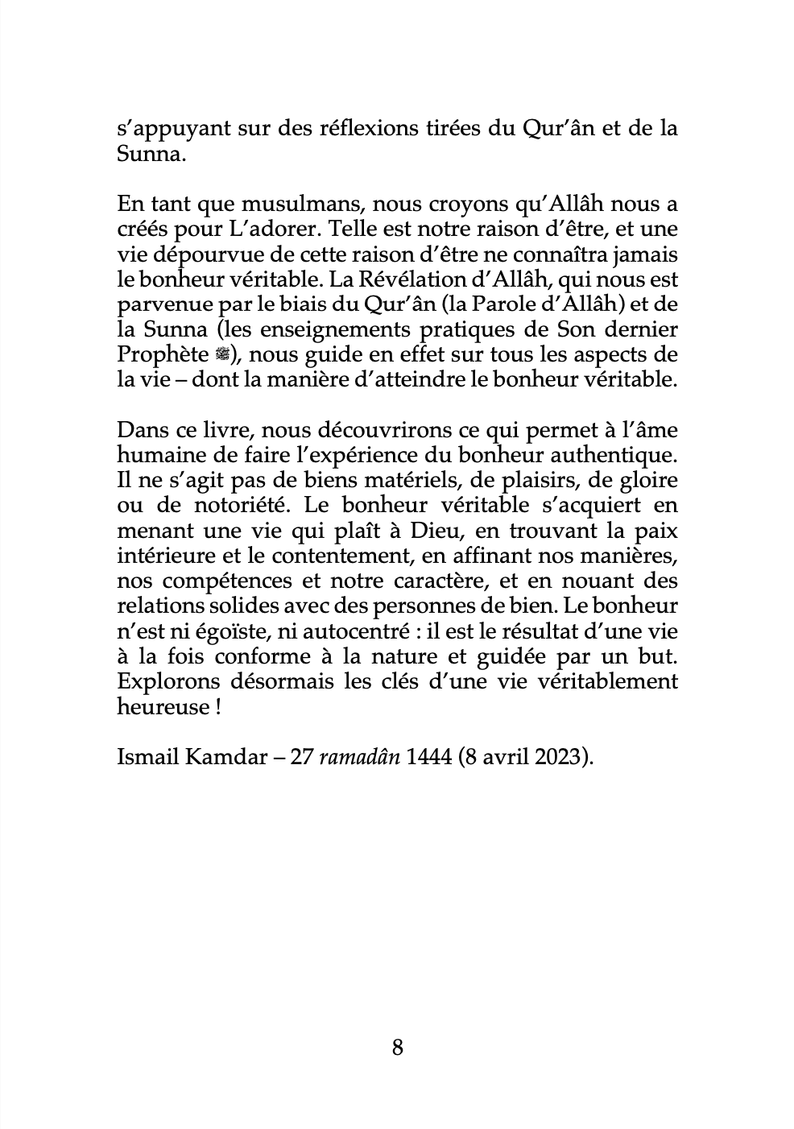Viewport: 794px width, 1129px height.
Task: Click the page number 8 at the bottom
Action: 397,1047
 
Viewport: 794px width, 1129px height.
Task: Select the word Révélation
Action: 389,279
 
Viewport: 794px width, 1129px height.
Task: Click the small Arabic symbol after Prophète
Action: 224,355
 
